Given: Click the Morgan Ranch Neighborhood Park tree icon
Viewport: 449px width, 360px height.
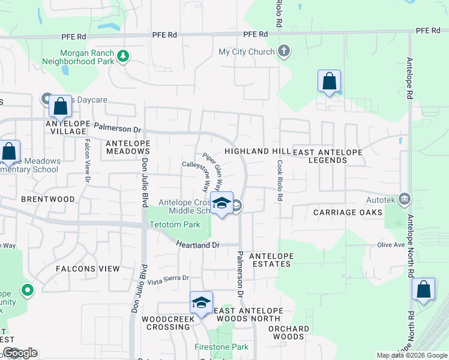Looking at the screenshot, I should coord(124,56).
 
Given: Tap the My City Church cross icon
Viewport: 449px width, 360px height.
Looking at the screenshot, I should coord(284,52).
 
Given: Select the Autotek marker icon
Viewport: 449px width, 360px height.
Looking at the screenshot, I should coord(405,199).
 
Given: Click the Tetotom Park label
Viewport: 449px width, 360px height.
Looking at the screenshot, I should coord(175,225).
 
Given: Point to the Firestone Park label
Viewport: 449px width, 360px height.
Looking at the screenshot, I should coord(221,347).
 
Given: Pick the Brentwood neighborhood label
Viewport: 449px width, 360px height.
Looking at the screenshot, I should coord(47,199).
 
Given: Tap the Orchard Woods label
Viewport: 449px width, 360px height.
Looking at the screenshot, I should coord(289,332).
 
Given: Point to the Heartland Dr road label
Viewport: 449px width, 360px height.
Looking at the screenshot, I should coord(199,245).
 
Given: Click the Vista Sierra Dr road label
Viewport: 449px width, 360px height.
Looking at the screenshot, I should coord(168,279).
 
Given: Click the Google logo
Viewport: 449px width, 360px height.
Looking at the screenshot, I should coord(20,353).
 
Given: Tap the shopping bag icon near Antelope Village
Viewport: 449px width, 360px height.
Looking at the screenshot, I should coord(60,107).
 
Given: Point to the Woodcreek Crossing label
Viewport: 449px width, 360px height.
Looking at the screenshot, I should coord(166,323).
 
